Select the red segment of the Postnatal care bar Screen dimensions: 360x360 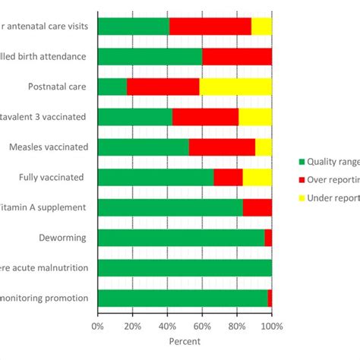[163, 86]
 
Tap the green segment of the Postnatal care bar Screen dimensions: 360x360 [112, 86]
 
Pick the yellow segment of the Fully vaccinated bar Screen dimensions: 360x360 [257, 177]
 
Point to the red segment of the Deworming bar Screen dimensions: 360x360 [268, 238]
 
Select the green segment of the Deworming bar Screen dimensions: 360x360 [181, 238]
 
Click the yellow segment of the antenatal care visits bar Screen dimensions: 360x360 [261, 26]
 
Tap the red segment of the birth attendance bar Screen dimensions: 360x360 [237, 56]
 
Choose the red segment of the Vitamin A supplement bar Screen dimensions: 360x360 [257, 207]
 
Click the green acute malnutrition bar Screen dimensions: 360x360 [185, 267]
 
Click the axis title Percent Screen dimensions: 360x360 [185, 341]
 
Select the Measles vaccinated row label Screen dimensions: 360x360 [48, 147]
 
